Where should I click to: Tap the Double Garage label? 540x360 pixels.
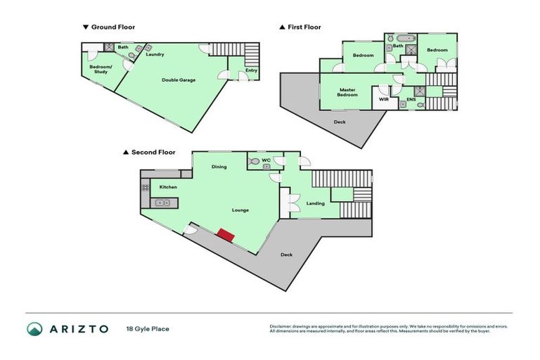[x=179, y=80]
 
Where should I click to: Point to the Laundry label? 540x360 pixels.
[x=155, y=54]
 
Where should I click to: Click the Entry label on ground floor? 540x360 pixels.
[x=251, y=70]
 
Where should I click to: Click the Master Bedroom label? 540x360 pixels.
[x=347, y=92]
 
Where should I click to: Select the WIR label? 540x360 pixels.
[x=384, y=100]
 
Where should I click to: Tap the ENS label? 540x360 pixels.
[x=411, y=100]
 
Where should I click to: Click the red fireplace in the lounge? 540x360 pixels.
[x=225, y=234]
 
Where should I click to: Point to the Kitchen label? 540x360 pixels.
[x=168, y=187]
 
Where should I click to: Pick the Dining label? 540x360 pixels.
[x=219, y=167]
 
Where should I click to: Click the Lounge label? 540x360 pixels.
[x=240, y=210]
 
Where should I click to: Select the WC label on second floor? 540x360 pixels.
[x=266, y=160]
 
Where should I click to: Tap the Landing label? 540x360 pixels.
[x=316, y=204]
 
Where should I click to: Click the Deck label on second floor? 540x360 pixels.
[x=286, y=255]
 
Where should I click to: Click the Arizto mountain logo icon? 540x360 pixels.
[x=35, y=328]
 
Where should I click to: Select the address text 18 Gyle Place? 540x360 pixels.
[x=148, y=328]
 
